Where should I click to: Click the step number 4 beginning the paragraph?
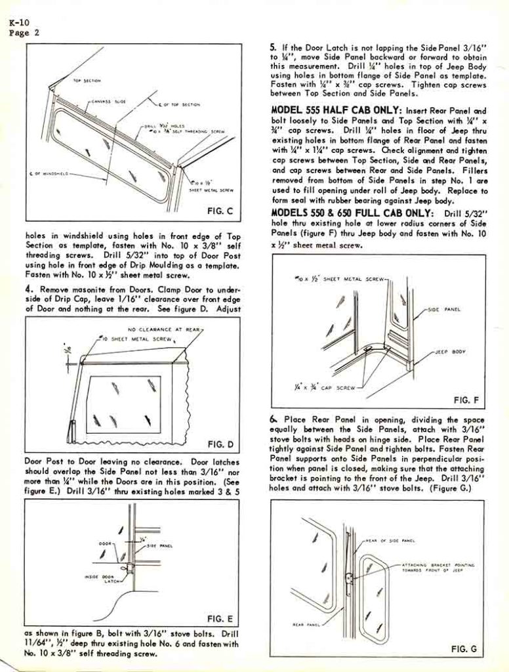click(28, 289)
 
